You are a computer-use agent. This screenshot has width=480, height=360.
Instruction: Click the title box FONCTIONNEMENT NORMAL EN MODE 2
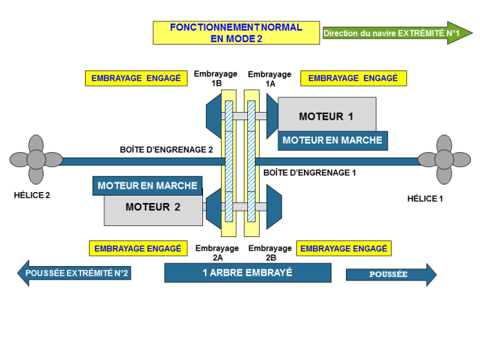pyautogui.click(x=236, y=32)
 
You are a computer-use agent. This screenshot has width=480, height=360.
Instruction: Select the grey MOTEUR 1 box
pyautogui.click(x=327, y=115)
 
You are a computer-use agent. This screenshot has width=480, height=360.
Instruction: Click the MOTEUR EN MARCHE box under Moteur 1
pyautogui.click(x=332, y=140)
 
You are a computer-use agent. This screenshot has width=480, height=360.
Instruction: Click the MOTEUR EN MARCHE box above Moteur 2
pyautogui.click(x=148, y=185)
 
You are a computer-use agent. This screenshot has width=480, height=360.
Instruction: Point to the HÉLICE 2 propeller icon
pyautogui.click(x=35, y=160)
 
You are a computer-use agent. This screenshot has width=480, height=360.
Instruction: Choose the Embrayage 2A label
pyautogui.click(x=217, y=252)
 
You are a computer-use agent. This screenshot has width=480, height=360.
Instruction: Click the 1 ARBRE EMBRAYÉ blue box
pyautogui.click(x=247, y=273)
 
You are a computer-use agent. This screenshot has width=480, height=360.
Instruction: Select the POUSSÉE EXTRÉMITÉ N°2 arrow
pyautogui.click(x=74, y=274)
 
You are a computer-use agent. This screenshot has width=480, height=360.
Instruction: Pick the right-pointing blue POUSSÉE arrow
pyautogui.click(x=391, y=274)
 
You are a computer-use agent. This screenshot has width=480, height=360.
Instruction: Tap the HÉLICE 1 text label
pyautogui.click(x=425, y=198)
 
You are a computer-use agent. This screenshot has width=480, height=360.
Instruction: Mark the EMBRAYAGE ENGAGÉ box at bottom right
pyautogui.click(x=343, y=247)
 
